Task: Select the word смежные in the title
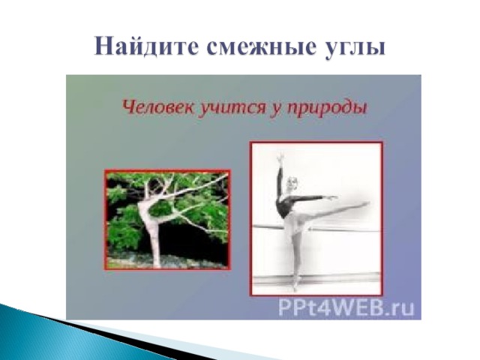(261, 46)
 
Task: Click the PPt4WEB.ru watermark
(346, 307)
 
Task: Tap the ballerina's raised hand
(280, 158)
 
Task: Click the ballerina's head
(292, 184)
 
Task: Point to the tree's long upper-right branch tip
(226, 175)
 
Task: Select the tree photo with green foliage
(167, 220)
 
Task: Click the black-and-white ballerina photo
(316, 218)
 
